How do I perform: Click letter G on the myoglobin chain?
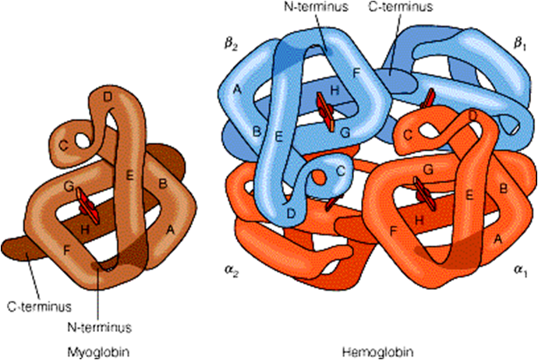69,186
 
